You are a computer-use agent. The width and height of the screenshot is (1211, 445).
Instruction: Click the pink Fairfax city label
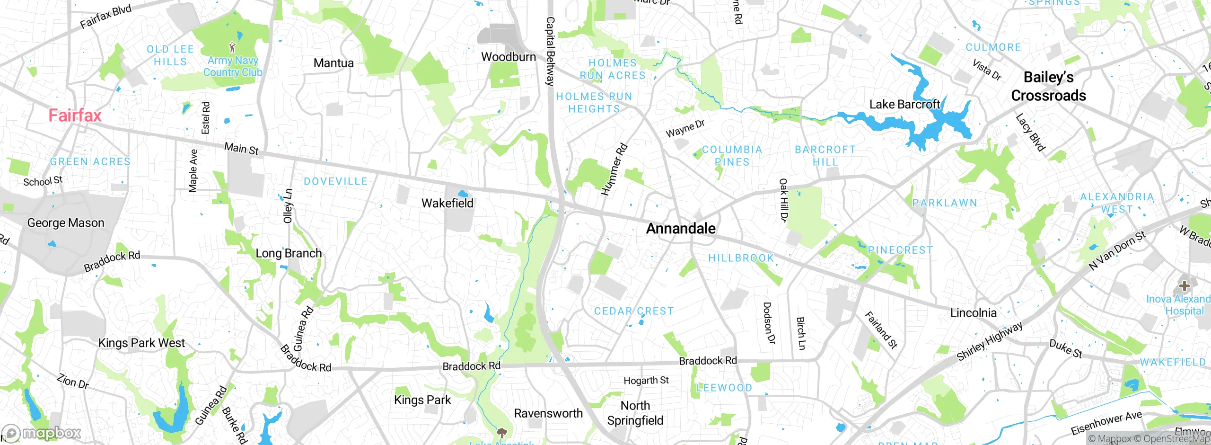pos(75,116)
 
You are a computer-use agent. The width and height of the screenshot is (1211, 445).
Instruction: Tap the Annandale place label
pos(680,229)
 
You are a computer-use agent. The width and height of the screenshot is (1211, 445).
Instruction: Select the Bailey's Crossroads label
pos(1048,86)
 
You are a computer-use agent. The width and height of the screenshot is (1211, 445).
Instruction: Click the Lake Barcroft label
pos(904,105)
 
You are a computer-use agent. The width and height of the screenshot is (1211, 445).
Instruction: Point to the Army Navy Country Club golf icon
pos(232,47)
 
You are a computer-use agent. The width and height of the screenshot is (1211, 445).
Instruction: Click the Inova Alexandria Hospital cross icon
pos(1184,286)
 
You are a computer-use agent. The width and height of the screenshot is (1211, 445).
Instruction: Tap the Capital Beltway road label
pos(550,51)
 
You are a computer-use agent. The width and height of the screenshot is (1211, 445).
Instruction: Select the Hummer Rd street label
pos(614,169)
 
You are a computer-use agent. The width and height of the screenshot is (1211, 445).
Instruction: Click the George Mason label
pos(66,223)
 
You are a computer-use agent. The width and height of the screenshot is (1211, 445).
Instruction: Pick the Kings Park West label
pos(141,343)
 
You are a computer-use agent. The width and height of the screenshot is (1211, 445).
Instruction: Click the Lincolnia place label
pos(973,313)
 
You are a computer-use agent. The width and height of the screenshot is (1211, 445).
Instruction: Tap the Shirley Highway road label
pos(989,341)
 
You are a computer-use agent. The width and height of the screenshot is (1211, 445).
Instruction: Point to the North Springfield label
pos(635,413)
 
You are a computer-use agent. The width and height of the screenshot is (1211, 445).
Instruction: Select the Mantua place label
pos(333,63)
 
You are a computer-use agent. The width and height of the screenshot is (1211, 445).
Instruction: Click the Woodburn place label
pos(508,57)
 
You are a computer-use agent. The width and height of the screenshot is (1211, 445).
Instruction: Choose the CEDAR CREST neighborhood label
pos(633,311)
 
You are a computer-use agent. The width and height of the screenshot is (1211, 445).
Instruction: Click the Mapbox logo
pos(42,433)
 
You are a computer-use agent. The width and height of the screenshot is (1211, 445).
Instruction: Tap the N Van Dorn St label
pos(1117,250)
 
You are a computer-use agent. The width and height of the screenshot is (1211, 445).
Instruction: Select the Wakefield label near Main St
pos(447,204)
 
